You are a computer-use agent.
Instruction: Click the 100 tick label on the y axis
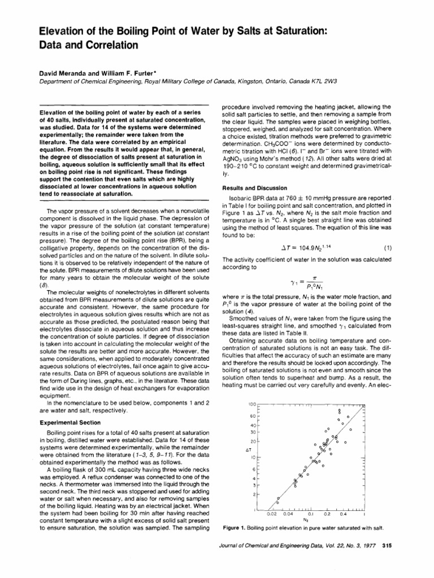click(x=253, y=406)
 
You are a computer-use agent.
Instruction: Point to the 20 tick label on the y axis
click(x=254, y=440)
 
